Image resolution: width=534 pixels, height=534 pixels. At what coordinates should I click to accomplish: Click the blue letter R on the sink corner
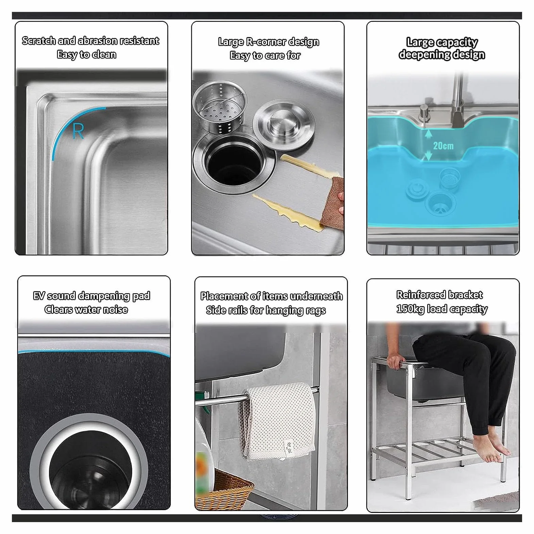78,131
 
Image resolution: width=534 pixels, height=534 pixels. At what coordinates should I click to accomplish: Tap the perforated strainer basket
219,106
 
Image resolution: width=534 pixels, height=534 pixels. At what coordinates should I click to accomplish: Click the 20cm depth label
443,146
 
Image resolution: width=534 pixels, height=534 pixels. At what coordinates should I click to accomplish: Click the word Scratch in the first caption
39,41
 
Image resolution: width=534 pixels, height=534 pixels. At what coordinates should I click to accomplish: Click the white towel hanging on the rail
278,421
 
